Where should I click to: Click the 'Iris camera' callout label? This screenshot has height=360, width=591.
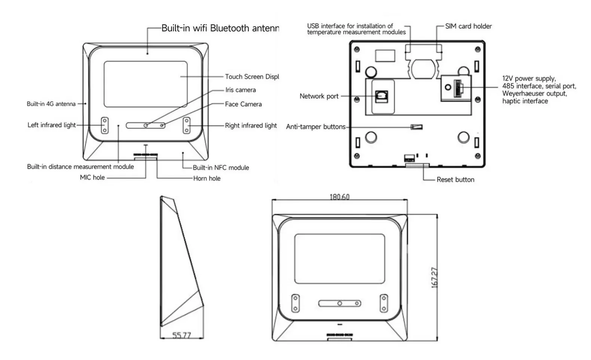pos(241,90)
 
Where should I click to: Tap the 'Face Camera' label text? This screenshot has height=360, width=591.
pos(243,104)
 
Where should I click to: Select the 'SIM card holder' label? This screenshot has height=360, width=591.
pos(468,26)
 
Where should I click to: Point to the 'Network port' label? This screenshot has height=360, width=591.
pos(319,96)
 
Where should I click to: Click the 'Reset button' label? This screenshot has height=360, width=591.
pos(455,180)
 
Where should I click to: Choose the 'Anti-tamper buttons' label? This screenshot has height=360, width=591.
pos(316,127)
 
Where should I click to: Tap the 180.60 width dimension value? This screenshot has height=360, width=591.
pos(339,197)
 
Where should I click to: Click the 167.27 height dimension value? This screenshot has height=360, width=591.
pos(434,277)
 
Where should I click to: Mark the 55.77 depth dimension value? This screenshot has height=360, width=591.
pos(181,335)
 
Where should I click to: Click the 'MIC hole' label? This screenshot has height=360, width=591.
pos(92,177)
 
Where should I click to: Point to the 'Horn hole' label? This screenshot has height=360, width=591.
pos(207,179)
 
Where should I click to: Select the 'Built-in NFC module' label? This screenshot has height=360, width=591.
pos(221,168)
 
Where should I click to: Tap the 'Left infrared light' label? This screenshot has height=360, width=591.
pos(52,125)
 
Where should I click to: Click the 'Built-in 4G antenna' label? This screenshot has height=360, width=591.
pos(51,104)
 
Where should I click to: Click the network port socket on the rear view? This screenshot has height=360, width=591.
pos(381,97)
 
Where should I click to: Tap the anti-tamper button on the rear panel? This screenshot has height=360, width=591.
pos(417,127)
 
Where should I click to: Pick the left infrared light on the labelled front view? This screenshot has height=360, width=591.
pos(105,125)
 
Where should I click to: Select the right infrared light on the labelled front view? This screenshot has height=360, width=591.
pos(186,125)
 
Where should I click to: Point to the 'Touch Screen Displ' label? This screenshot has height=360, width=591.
pos(252,77)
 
